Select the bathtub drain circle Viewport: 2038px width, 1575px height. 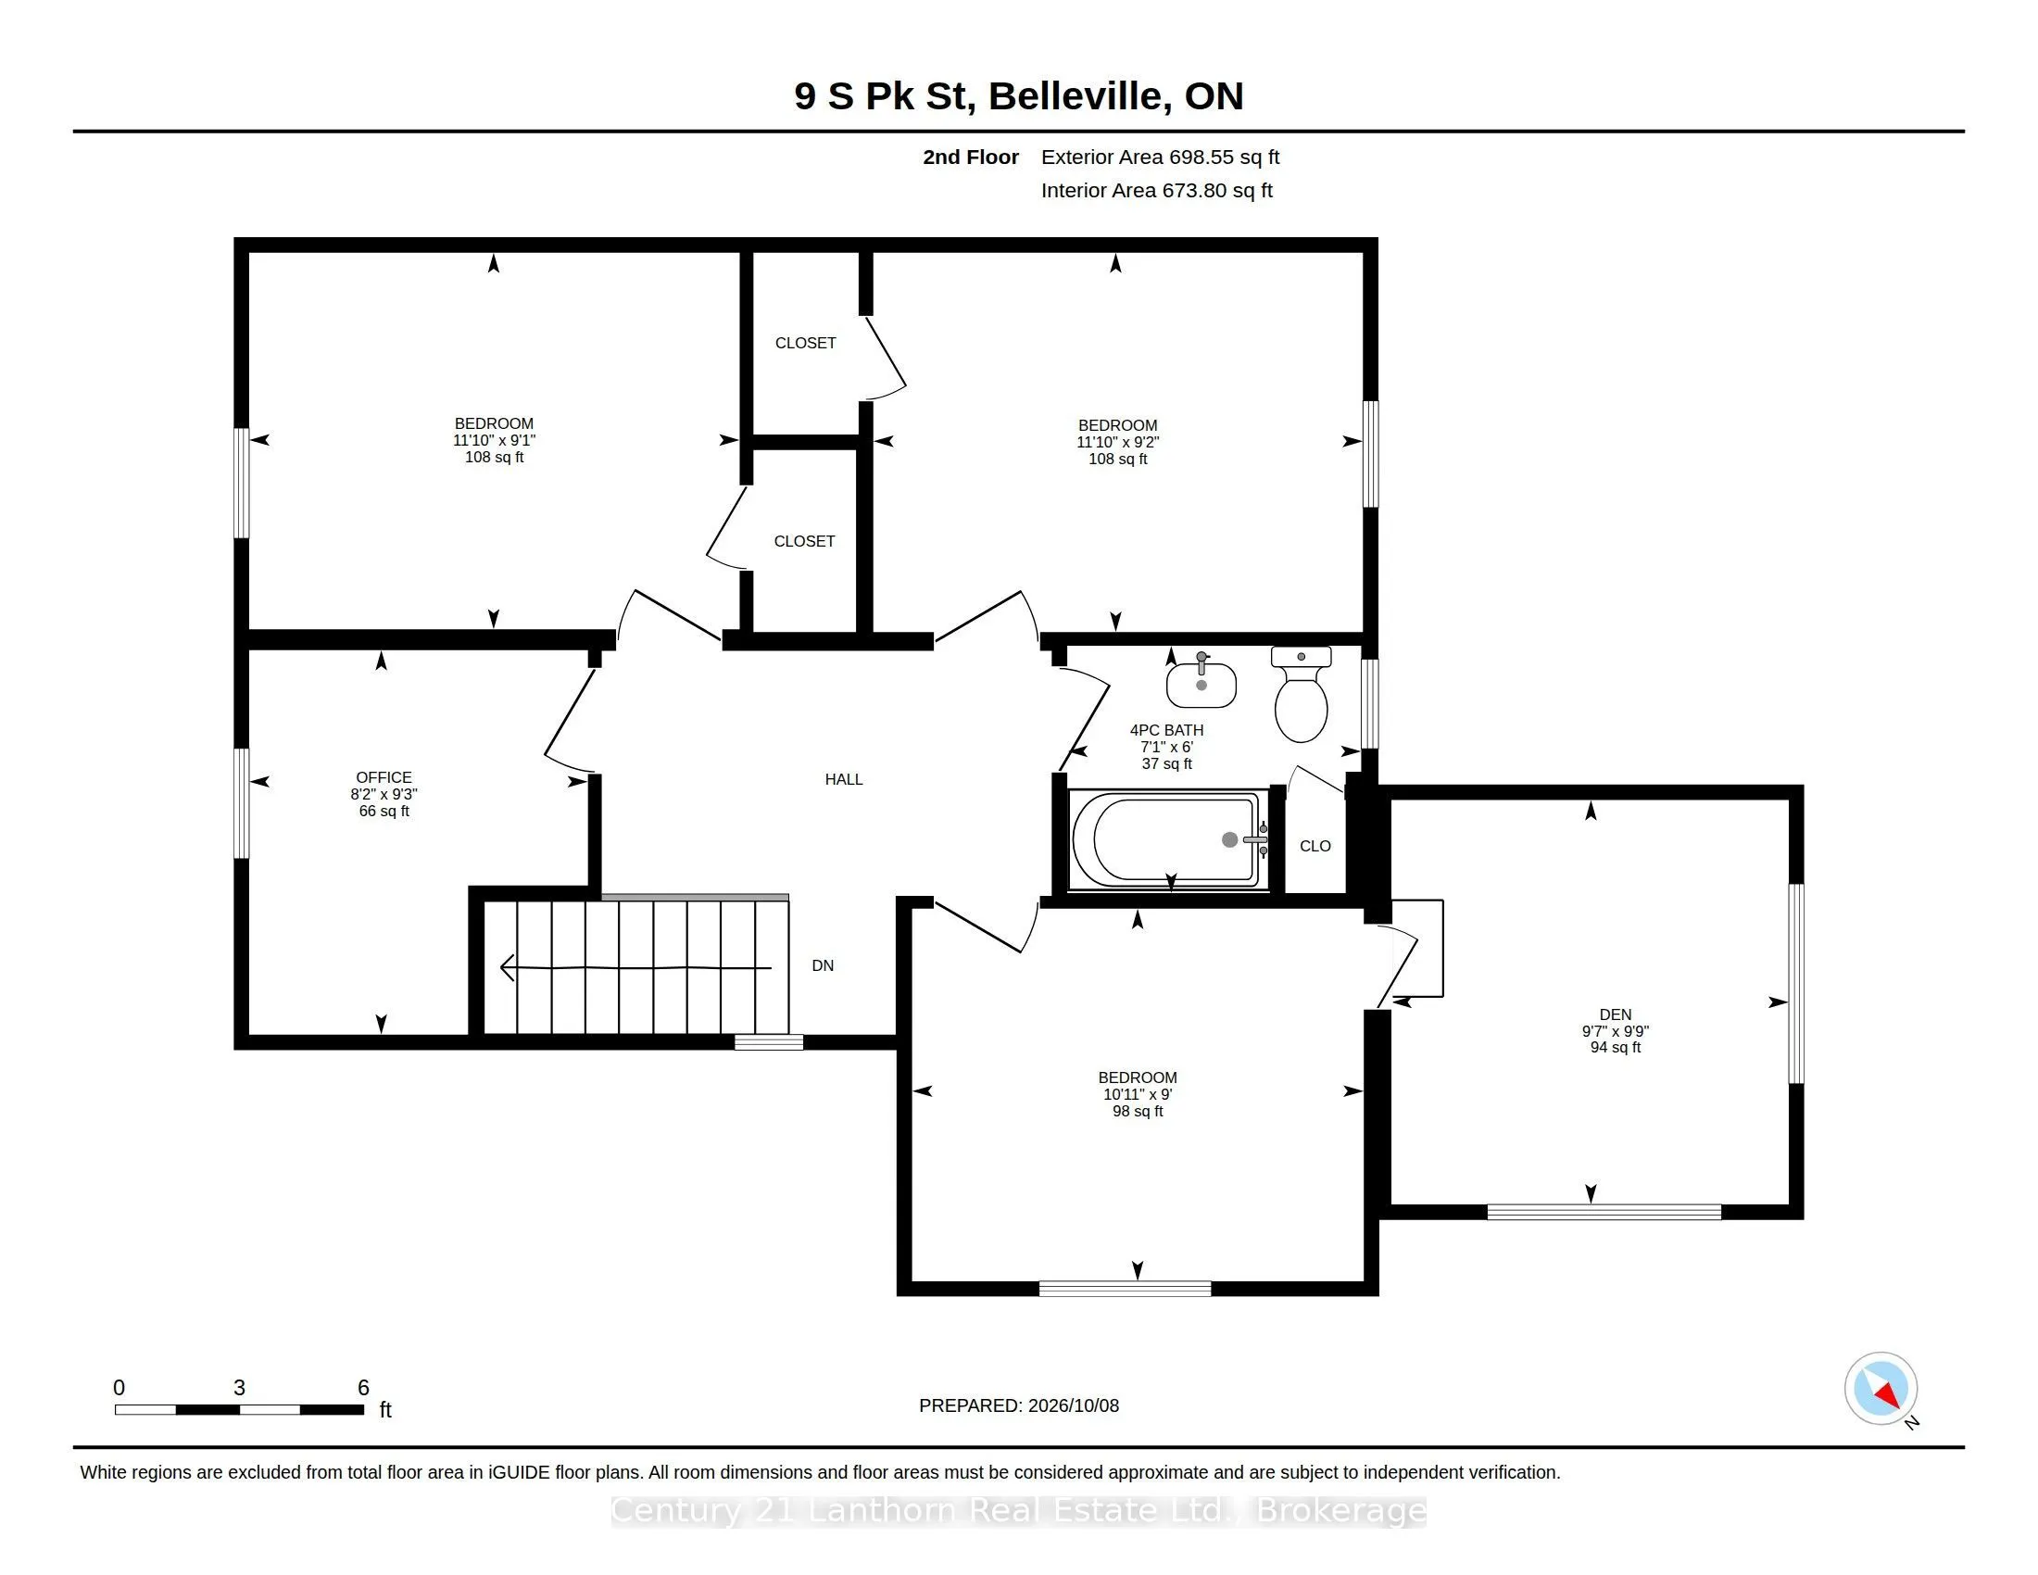1230,839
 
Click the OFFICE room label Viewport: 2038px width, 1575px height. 384,777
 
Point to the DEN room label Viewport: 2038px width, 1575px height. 1616,1014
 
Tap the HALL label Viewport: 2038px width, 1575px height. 844,779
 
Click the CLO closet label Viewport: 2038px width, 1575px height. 1315,846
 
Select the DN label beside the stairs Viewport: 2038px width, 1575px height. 822,965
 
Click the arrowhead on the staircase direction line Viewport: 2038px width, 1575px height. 507,968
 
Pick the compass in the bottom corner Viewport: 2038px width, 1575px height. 1881,1389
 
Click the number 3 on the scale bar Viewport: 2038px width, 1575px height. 239,1388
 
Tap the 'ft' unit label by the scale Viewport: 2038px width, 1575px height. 385,1410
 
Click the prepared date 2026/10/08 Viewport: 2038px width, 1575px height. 1073,1405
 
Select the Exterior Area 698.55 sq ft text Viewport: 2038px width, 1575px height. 1160,157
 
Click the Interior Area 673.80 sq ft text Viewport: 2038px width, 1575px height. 1156,190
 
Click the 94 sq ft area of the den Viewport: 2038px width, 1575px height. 1616,1047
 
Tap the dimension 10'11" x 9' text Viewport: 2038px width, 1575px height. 1138,1094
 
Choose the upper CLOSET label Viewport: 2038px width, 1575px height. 805,344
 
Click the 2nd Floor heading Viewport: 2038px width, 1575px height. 971,157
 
